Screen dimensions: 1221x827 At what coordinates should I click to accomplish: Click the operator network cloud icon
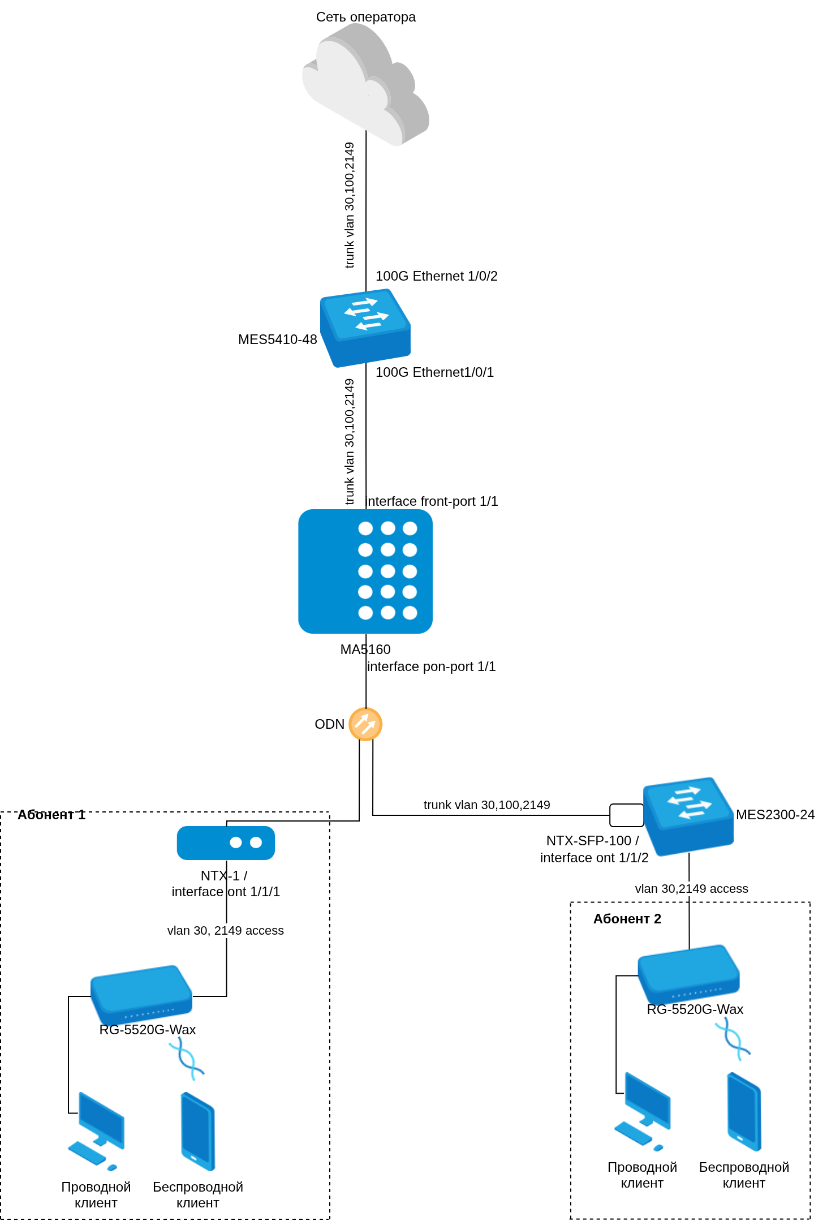pos(365,85)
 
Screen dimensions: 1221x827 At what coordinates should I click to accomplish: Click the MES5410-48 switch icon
pos(365,328)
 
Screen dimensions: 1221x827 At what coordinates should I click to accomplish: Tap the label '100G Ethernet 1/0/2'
pos(436,276)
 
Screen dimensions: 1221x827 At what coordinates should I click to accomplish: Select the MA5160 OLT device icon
pos(365,571)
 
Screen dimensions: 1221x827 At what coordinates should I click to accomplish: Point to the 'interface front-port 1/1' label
pos(432,501)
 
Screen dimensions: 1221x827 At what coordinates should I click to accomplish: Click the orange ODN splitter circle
pos(365,724)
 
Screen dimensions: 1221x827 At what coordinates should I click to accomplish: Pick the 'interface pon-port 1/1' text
pos(431,667)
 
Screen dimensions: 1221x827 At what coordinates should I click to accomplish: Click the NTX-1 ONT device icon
pos(226,842)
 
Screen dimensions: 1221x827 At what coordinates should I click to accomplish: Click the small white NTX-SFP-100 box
pos(626,815)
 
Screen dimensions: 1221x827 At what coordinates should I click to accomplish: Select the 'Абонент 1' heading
pos(51,815)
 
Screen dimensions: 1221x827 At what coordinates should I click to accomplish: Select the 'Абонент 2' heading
pos(627,919)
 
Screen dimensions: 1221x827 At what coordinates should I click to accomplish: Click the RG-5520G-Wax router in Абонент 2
pos(688,974)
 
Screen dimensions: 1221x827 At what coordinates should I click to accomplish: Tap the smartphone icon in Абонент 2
pos(744,1111)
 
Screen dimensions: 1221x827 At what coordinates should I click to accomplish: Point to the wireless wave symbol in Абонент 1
pos(186,1059)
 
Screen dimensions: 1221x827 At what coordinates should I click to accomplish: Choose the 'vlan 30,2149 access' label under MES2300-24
pos(691,889)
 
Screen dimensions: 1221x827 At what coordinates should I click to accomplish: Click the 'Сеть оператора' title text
pos(365,17)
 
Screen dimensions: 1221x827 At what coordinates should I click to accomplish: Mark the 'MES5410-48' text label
pos(277,339)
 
